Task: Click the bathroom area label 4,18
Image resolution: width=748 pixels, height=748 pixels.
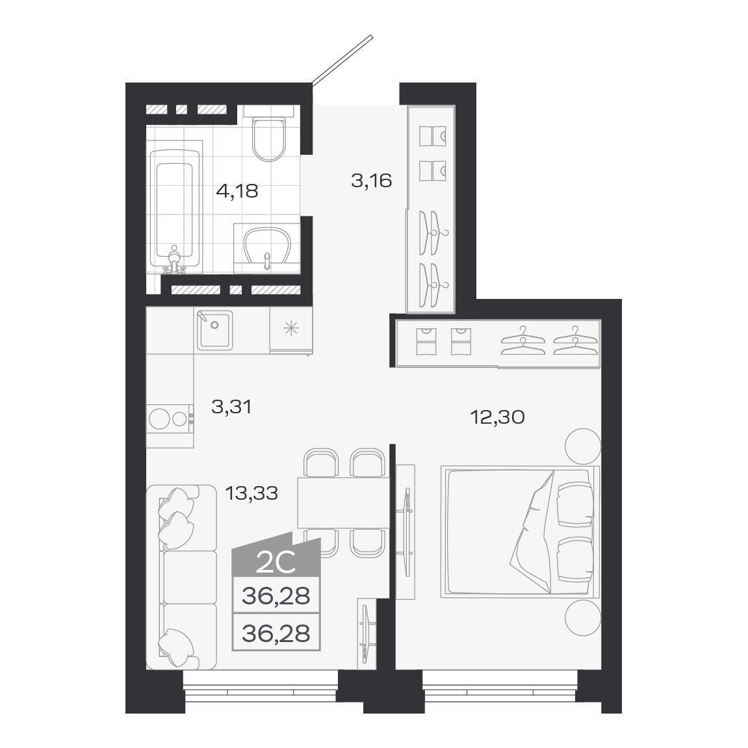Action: (x=237, y=192)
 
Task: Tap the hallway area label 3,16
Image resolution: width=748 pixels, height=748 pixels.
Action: (x=371, y=180)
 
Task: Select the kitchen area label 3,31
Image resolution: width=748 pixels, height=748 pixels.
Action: (x=231, y=407)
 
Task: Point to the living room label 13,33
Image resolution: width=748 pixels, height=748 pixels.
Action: (x=251, y=493)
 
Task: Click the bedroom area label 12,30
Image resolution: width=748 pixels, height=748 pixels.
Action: (x=497, y=417)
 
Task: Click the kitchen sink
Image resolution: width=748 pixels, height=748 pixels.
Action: (x=214, y=331)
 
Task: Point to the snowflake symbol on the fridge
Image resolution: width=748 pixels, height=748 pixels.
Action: (x=290, y=328)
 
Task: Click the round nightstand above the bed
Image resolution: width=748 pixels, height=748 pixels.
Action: (x=582, y=446)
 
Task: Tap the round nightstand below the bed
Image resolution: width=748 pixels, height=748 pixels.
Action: (x=582, y=617)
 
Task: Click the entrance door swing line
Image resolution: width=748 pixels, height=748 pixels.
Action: (x=342, y=59)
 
